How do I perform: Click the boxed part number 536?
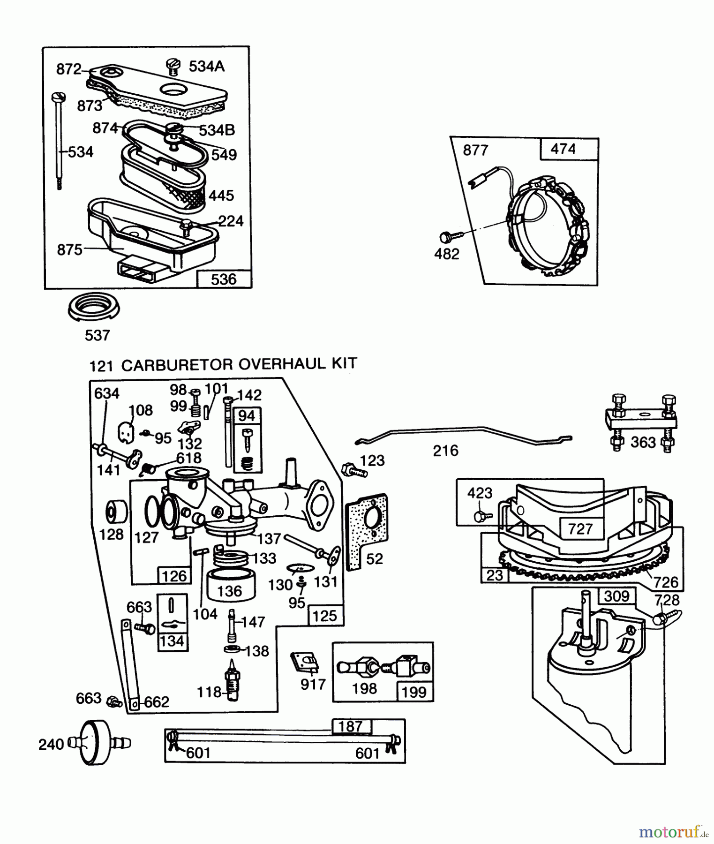click(224, 279)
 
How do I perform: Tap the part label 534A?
click(207, 67)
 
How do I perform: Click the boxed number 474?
click(563, 149)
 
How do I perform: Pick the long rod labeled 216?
click(464, 432)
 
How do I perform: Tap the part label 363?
click(643, 442)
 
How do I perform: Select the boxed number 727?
click(580, 529)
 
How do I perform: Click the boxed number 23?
click(495, 575)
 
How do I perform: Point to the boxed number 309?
click(616, 596)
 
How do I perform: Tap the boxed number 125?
click(324, 616)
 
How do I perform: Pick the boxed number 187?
click(351, 726)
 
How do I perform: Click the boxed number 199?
click(414, 692)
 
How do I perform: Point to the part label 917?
click(313, 685)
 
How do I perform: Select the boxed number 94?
click(247, 415)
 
